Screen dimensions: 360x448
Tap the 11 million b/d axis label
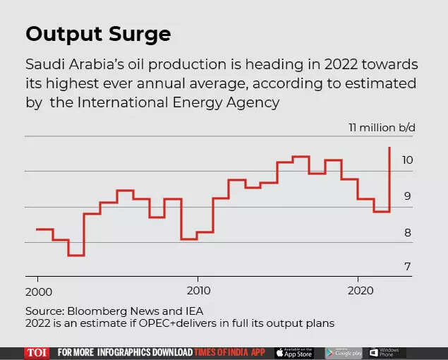coord(382,128)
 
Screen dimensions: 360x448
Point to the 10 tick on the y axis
coord(407,160)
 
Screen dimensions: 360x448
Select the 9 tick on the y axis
coord(407,196)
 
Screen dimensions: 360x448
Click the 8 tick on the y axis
coord(407,232)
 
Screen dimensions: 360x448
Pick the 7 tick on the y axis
coord(407,267)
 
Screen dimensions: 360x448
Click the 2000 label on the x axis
coord(38,292)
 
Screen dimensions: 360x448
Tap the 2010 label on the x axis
coord(200,292)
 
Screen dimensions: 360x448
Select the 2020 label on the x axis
coord(361,292)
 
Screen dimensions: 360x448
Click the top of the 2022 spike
coord(389,148)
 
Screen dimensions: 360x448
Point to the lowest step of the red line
coord(76,255)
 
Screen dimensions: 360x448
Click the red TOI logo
coord(37,352)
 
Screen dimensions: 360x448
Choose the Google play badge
coord(344,352)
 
